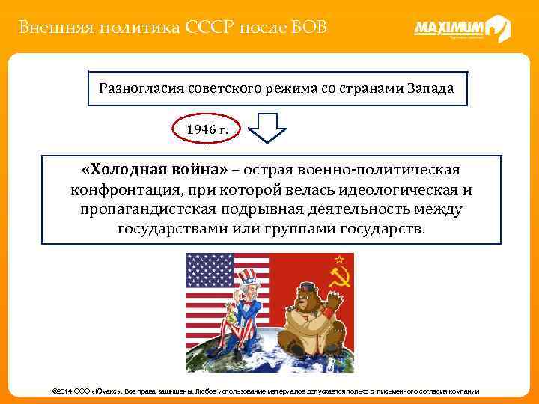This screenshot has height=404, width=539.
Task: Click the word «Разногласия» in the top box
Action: click(x=136, y=88)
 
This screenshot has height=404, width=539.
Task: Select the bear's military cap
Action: click(x=307, y=287)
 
